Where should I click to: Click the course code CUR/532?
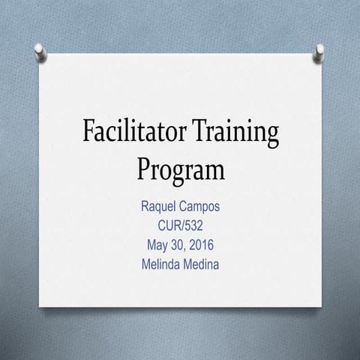coord(180,223)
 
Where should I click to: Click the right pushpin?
coord(319,51)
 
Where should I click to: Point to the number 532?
coord(195,223)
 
